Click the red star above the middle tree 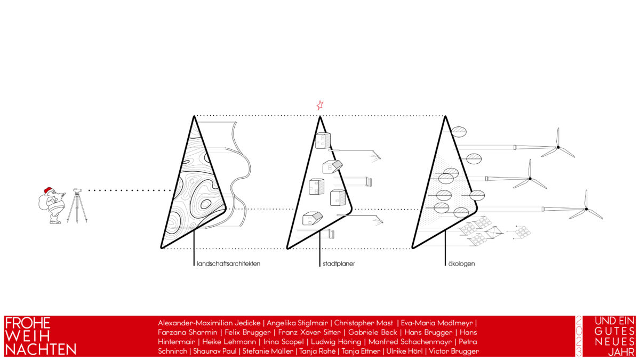coord(320,105)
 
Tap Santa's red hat coord(49,190)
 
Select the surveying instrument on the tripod coord(77,190)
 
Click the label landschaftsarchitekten coord(229,263)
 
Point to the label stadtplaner coord(339,263)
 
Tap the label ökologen coord(461,263)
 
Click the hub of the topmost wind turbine coord(558,147)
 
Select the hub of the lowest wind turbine coord(586,209)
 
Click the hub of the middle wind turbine coord(530,179)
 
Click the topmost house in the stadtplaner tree coord(323,140)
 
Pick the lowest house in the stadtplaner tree coord(313,218)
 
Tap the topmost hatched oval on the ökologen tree coord(459,132)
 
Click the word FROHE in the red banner coord(28,323)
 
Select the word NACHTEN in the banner coord(41,349)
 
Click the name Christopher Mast coord(363,323)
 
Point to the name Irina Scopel coord(283,342)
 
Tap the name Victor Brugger coord(454,351)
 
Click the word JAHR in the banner coord(621,353)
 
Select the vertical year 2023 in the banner coord(579,336)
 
